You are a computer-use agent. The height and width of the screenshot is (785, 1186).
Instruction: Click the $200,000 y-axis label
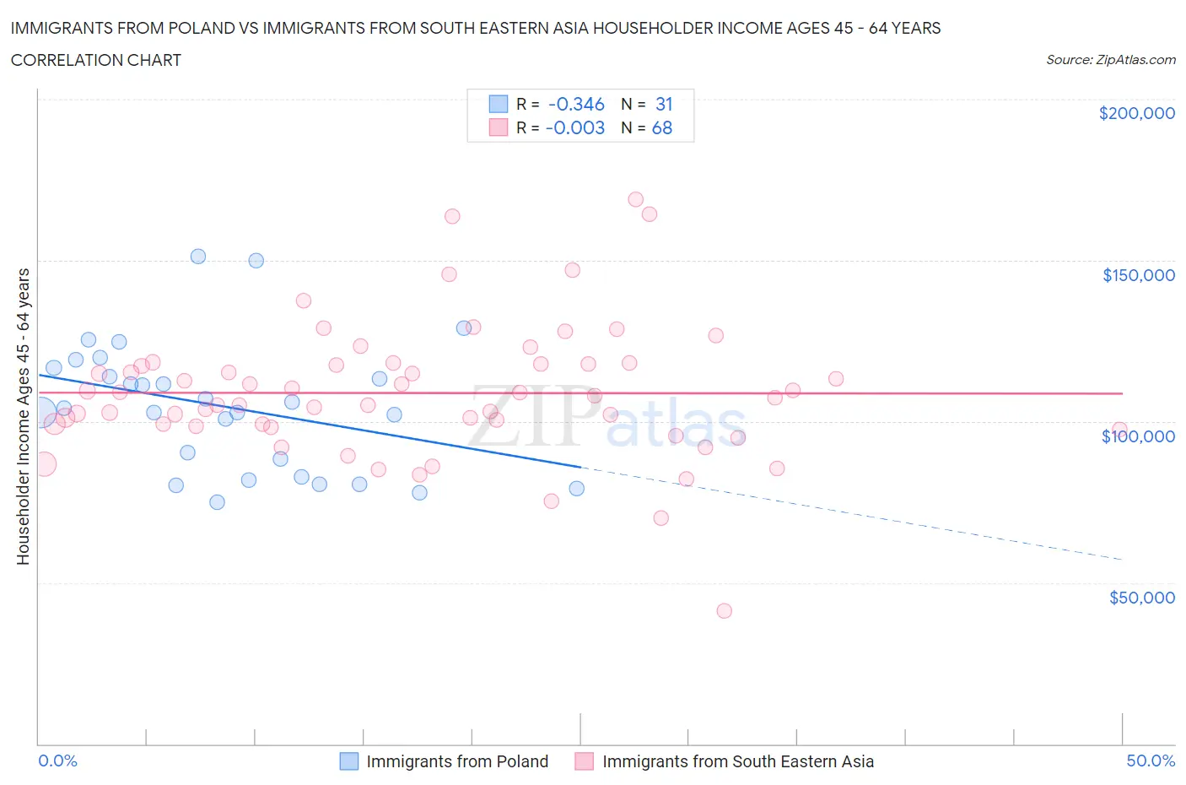click(1136, 114)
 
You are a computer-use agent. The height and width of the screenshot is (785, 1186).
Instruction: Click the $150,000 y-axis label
click(1138, 275)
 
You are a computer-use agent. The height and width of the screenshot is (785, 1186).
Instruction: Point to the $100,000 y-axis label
click(1138, 436)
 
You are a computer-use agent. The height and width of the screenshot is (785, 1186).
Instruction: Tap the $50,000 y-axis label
click(1141, 598)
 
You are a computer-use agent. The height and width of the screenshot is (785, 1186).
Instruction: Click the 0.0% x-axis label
click(57, 761)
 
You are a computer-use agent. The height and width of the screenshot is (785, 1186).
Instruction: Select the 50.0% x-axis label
click(1151, 761)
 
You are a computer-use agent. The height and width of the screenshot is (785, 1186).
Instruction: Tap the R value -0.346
click(576, 104)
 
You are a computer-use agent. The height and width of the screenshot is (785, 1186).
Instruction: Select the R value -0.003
click(575, 127)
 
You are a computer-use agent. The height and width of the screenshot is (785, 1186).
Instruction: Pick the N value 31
click(664, 104)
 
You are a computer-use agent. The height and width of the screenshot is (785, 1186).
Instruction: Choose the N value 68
click(662, 127)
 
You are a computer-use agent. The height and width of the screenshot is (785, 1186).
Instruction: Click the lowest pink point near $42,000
click(724, 611)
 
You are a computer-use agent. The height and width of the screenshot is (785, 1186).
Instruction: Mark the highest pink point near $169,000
click(636, 200)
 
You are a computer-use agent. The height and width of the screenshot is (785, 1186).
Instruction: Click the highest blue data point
click(198, 257)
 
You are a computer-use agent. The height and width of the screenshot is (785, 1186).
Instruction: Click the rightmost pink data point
click(1119, 430)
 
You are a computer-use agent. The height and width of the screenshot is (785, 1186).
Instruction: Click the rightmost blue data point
click(577, 489)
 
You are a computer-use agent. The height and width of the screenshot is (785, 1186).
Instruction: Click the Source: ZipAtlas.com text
click(1110, 60)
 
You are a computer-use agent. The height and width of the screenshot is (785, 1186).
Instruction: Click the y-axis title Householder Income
click(23, 416)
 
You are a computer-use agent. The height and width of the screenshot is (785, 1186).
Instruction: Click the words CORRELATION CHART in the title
click(96, 60)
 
